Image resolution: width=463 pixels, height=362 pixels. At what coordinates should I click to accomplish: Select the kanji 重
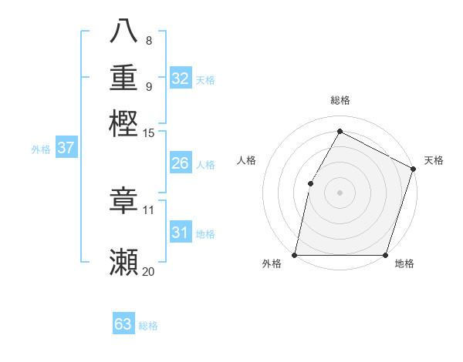[x=123, y=78]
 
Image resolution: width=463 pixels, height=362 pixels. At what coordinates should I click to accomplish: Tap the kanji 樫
[x=123, y=125]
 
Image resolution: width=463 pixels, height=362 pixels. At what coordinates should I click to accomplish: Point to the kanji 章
[x=123, y=201]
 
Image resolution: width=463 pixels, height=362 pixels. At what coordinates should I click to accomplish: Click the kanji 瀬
[x=123, y=262]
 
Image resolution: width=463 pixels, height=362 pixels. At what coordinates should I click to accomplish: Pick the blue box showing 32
[x=181, y=79]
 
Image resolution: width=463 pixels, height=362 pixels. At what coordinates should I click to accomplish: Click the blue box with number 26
[x=181, y=163]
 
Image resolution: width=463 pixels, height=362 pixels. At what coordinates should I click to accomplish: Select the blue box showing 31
[x=181, y=233]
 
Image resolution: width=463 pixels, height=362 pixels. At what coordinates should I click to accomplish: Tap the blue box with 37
[x=66, y=149]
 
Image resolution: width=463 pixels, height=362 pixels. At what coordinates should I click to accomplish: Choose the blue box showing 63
[x=123, y=324]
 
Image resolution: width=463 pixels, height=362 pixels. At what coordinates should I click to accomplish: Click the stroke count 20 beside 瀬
[x=148, y=271]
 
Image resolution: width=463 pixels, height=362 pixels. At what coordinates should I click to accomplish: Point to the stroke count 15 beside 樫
[x=148, y=133]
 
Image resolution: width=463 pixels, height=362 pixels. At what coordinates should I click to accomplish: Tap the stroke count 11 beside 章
[x=148, y=209]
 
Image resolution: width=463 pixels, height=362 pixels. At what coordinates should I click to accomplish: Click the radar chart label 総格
[x=340, y=101]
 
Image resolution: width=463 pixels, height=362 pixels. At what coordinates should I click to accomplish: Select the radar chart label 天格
[x=434, y=161]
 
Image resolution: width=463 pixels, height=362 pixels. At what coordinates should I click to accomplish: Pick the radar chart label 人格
[x=247, y=161]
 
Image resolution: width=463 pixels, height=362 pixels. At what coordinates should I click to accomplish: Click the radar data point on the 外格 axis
[x=295, y=255]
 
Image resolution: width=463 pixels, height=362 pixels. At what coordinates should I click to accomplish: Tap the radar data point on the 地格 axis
[x=385, y=255]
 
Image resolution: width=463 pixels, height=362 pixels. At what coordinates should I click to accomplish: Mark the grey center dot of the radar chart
[x=340, y=193]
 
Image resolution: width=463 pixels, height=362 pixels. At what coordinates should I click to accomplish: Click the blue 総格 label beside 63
[x=148, y=326]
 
